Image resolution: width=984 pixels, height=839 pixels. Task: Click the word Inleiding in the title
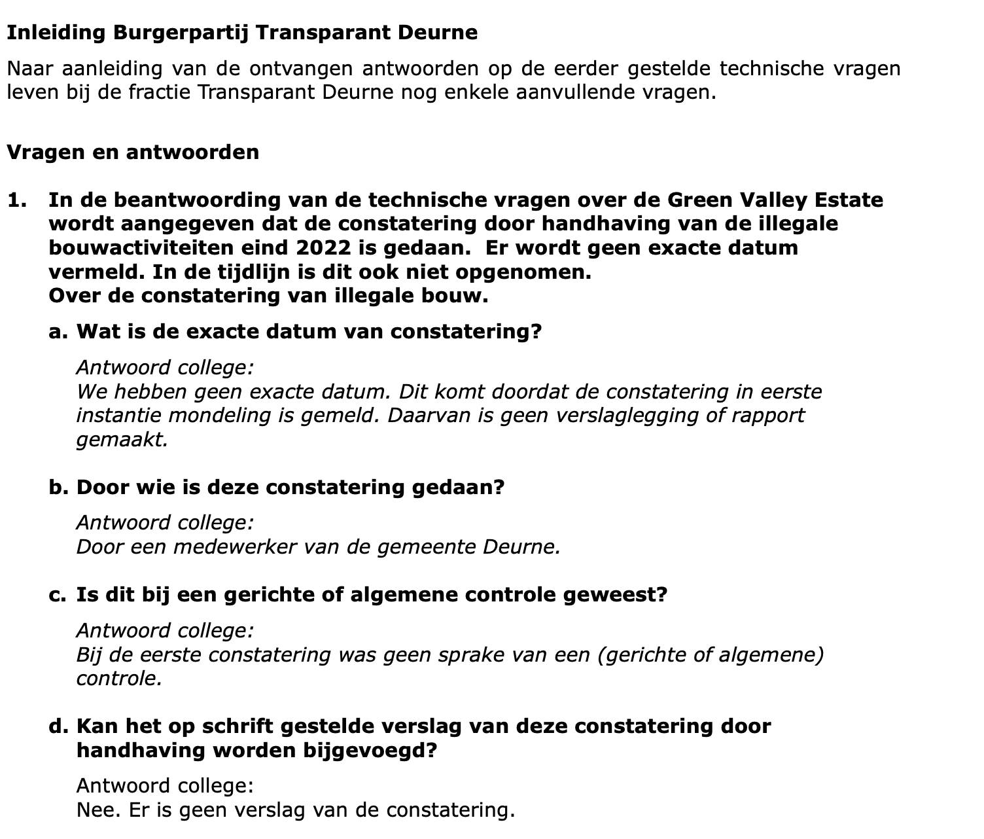[56, 32]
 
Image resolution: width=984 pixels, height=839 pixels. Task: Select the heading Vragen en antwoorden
[133, 152]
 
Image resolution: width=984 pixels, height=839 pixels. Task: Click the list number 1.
[16, 200]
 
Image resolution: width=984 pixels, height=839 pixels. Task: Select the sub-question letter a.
[58, 331]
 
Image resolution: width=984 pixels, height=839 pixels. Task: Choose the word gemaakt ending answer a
[122, 439]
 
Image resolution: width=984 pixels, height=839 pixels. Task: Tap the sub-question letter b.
[58, 487]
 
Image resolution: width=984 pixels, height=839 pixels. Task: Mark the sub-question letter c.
[57, 594]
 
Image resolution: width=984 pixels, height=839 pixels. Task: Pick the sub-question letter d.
[58, 726]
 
